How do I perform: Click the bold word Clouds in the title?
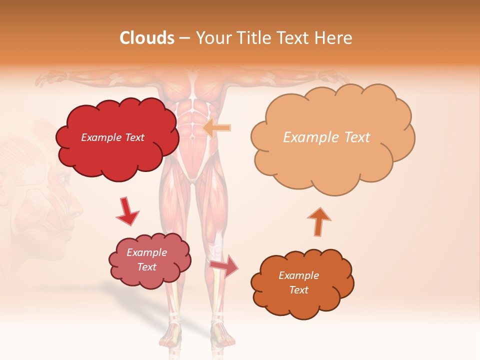(147, 38)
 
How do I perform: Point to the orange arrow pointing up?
(318, 221)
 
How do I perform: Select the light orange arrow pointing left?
(217, 127)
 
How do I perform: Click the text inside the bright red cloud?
(112, 137)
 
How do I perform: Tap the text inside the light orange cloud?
(326, 137)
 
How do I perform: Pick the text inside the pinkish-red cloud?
(147, 259)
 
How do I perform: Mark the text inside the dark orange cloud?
(298, 282)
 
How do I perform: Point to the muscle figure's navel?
(191, 135)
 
